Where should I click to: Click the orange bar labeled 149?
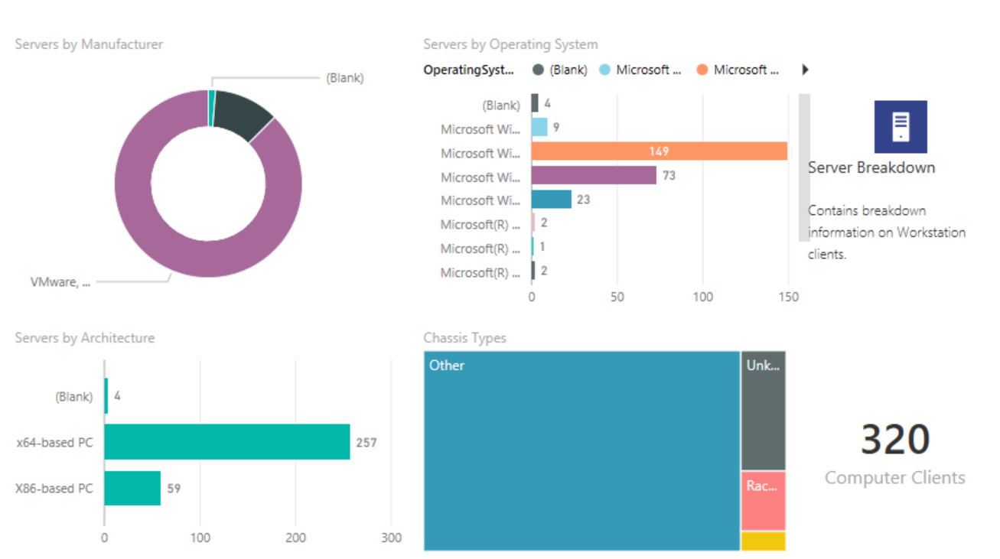[x=659, y=151]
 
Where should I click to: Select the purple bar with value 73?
[x=594, y=176]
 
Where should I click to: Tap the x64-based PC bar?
[x=226, y=442]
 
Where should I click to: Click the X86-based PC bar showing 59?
[x=132, y=488]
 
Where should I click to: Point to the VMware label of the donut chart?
[x=60, y=282]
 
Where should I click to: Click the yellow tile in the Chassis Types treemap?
[x=763, y=541]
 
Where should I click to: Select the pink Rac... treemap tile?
[x=763, y=501]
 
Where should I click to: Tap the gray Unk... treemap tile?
[x=763, y=411]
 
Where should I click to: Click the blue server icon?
[x=901, y=127]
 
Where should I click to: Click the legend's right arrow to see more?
[x=805, y=70]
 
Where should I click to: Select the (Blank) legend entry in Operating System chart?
[x=560, y=70]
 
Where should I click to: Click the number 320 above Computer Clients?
[x=894, y=440]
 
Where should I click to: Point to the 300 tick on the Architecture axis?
[x=391, y=538]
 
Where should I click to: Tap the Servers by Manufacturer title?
[x=89, y=44]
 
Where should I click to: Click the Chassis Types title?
[x=464, y=338]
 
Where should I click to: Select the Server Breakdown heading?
[x=871, y=167]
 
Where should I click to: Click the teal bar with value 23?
[x=551, y=200]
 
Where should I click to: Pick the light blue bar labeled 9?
[x=539, y=128]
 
